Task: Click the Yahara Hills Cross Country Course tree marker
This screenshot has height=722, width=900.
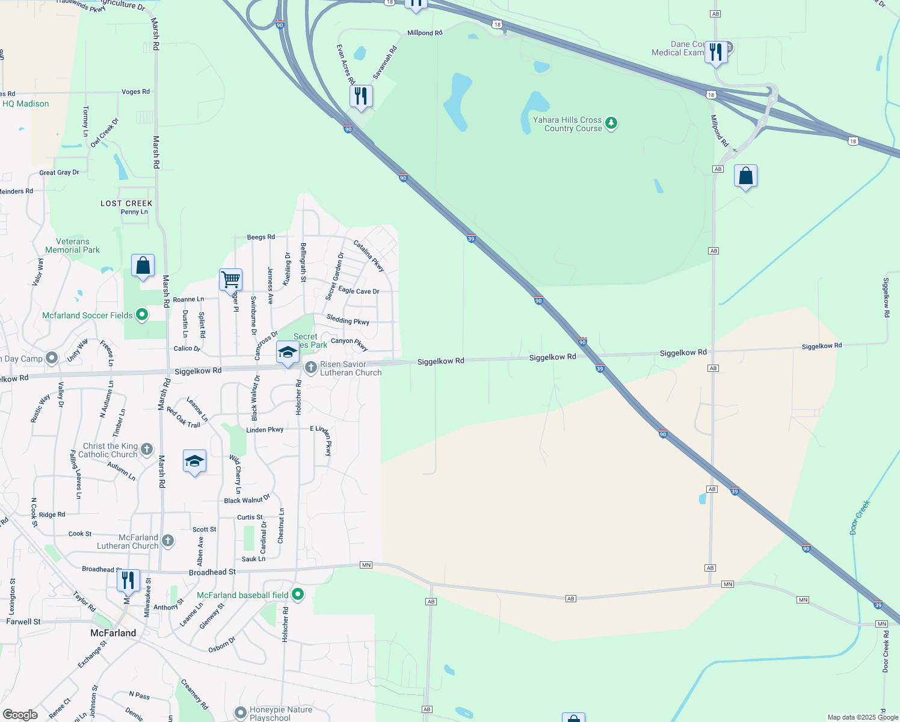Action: pyautogui.click(x=611, y=123)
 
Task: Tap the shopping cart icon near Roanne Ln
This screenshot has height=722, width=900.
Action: pyautogui.click(x=230, y=280)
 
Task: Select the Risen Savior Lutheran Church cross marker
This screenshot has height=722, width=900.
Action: pyautogui.click(x=310, y=368)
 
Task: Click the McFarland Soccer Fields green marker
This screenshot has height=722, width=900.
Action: pyautogui.click(x=142, y=315)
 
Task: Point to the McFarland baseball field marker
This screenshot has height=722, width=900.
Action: pyautogui.click(x=298, y=595)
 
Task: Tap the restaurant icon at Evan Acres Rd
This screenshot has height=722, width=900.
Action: pyautogui.click(x=361, y=96)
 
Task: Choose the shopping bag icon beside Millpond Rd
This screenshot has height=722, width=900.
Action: pyautogui.click(x=745, y=176)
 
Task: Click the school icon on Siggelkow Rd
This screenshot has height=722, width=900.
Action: pyautogui.click(x=288, y=352)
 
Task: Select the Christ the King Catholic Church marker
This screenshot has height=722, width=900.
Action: pyautogui.click(x=147, y=450)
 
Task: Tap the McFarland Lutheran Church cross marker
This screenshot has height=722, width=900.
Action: pyautogui.click(x=168, y=541)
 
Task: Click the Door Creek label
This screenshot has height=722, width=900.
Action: pyautogui.click(x=860, y=517)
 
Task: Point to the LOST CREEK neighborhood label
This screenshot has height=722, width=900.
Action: pyautogui.click(x=126, y=203)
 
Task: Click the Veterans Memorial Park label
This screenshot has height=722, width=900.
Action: pyautogui.click(x=72, y=245)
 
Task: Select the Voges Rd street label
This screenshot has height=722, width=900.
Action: pyautogui.click(x=135, y=92)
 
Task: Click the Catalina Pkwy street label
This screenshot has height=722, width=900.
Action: pyautogui.click(x=369, y=256)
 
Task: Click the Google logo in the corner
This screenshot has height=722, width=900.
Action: pyautogui.click(x=20, y=715)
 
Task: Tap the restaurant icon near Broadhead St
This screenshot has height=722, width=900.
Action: pyautogui.click(x=128, y=581)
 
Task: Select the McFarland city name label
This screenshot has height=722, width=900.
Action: pyautogui.click(x=113, y=633)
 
